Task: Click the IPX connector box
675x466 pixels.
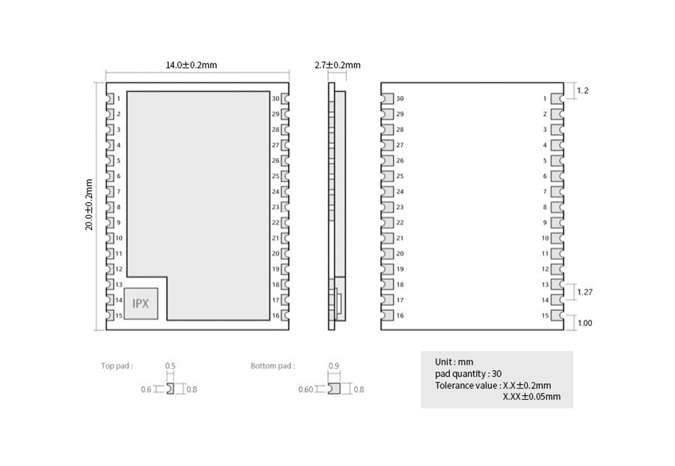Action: pyautogui.click(x=141, y=303)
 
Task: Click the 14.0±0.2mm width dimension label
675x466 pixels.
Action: pyautogui.click(x=191, y=65)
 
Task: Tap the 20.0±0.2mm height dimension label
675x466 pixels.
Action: pyautogui.click(x=89, y=205)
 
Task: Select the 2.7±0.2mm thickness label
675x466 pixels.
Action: pyautogui.click(x=337, y=65)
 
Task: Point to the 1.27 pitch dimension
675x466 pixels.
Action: pyautogui.click(x=585, y=292)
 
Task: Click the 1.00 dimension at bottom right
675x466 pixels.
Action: pyautogui.click(x=585, y=323)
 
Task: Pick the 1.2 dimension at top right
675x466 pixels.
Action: pyautogui.click(x=583, y=90)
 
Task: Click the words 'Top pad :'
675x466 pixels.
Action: pyautogui.click(x=117, y=365)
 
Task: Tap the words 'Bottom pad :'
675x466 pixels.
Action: pyautogui.click(x=273, y=365)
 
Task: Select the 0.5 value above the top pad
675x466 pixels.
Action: pyautogui.click(x=171, y=365)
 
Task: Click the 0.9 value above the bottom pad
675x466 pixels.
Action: pyautogui.click(x=333, y=365)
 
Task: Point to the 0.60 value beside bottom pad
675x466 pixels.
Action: pyautogui.click(x=306, y=389)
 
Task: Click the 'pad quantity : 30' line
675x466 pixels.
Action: pyautogui.click(x=468, y=373)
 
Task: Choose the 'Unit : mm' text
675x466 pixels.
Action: pyautogui.click(x=454, y=362)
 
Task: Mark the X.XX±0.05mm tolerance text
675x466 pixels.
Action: pyautogui.click(x=532, y=396)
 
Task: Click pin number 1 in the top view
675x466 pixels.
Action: pyautogui.click(x=119, y=99)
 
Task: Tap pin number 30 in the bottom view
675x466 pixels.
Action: pyautogui.click(x=400, y=99)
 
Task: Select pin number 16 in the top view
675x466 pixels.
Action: pyautogui.click(x=275, y=315)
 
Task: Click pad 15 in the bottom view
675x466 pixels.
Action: pyautogui.click(x=558, y=315)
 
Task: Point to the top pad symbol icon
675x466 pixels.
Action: pyautogui.click(x=171, y=388)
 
